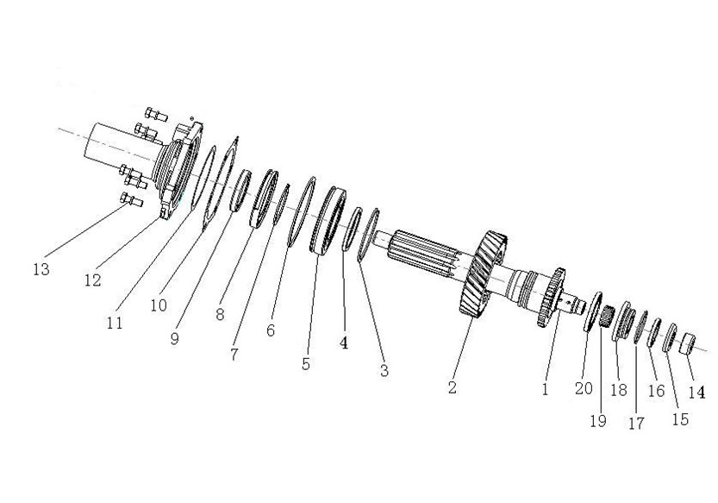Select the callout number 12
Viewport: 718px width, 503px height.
pyautogui.click(x=92, y=280)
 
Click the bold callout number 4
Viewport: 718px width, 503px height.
pyautogui.click(x=343, y=342)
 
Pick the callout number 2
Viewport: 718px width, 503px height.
pyautogui.click(x=452, y=387)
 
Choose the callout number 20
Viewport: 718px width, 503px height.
pyautogui.click(x=584, y=389)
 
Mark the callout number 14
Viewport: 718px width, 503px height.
pyautogui.click(x=696, y=392)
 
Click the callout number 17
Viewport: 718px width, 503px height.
pyautogui.click(x=635, y=423)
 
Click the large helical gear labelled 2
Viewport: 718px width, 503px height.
pyautogui.click(x=475, y=276)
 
